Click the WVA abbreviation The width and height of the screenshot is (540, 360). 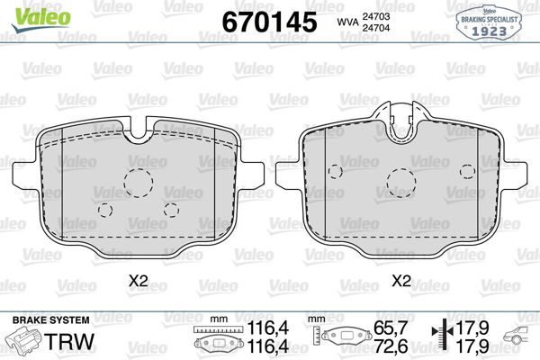click(347, 22)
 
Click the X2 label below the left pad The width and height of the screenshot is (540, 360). click(138, 281)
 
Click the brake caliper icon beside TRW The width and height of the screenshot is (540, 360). click(25, 343)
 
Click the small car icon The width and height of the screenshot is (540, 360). click(516, 341)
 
